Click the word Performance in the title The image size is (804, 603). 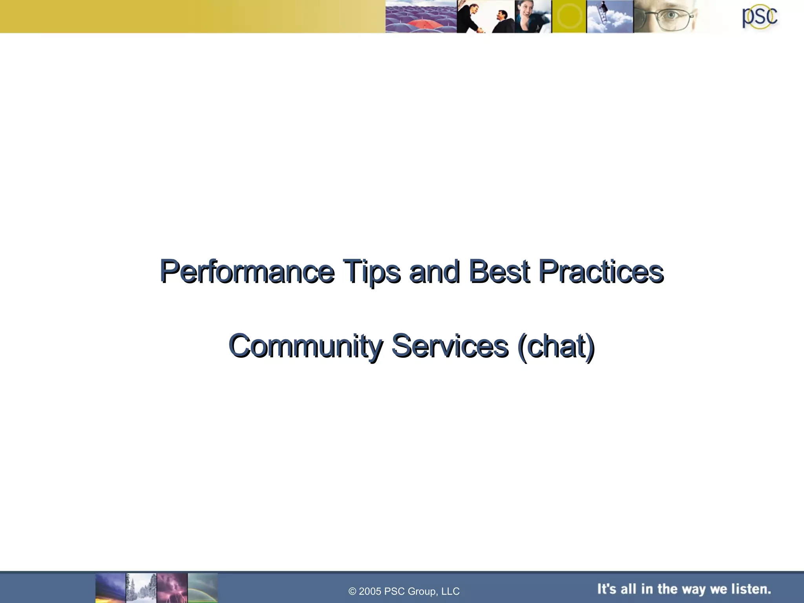click(247, 272)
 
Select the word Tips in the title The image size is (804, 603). click(372, 272)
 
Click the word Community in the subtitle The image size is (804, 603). click(305, 346)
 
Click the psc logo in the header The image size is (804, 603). click(759, 17)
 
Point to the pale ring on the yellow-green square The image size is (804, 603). click(569, 16)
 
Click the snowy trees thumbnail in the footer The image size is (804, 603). click(141, 588)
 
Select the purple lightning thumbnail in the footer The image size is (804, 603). click(172, 588)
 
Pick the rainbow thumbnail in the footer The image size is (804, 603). click(203, 588)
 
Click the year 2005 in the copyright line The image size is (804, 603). click(370, 591)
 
